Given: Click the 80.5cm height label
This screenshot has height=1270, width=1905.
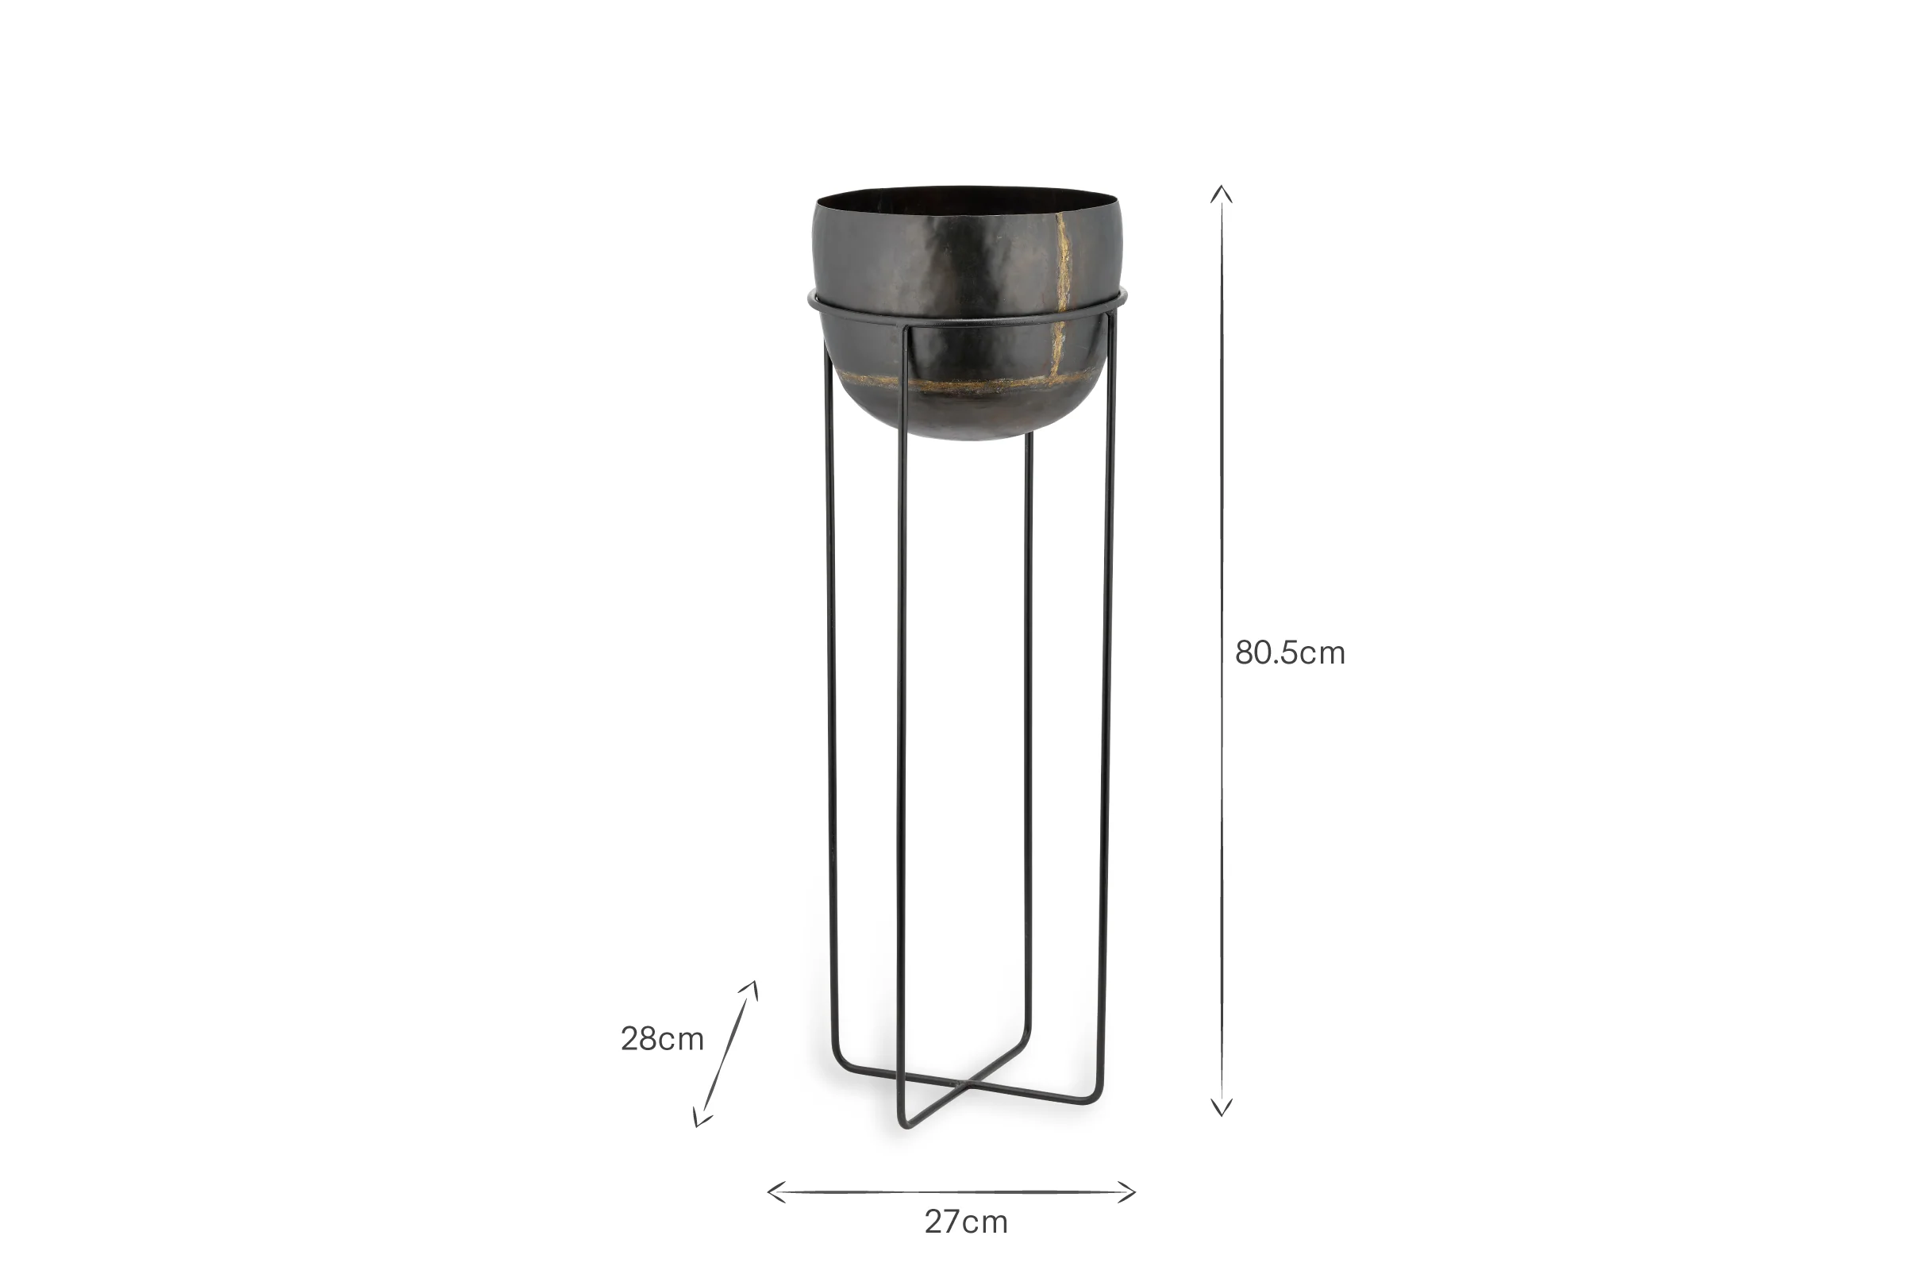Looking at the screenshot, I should point(1289,652).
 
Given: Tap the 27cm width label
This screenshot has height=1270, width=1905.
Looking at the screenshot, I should point(965,1222).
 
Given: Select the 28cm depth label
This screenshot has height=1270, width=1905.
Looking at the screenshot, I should point(662,1039).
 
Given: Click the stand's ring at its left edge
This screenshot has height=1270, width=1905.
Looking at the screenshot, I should point(811,302).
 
